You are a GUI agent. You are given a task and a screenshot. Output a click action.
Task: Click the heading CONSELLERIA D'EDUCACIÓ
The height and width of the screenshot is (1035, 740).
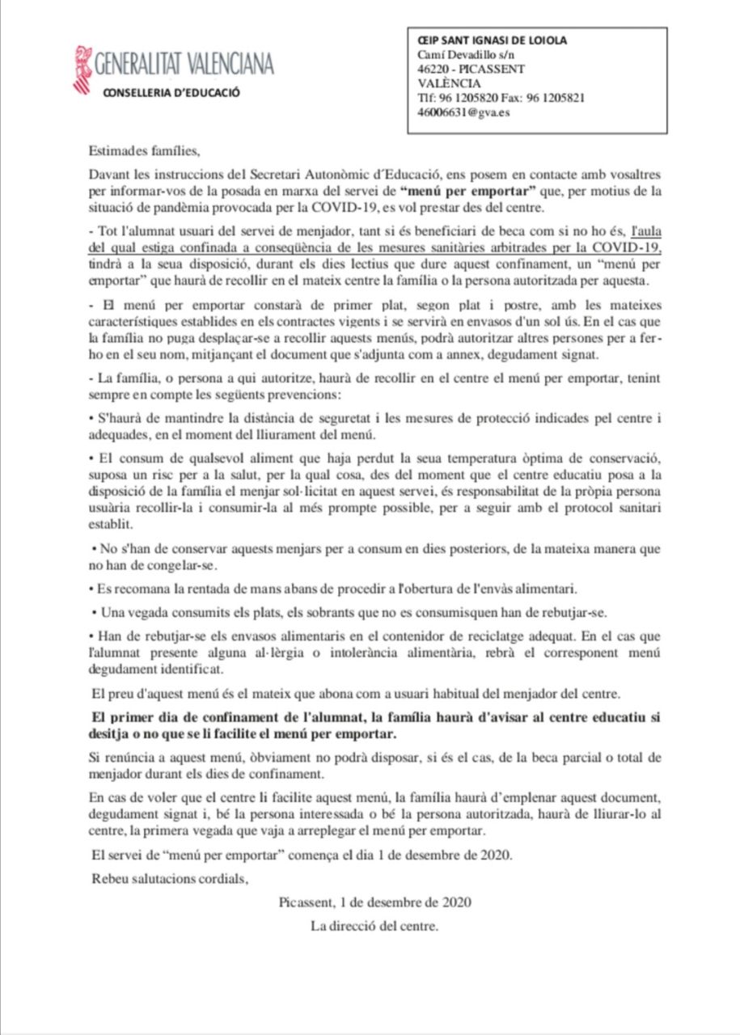(x=171, y=92)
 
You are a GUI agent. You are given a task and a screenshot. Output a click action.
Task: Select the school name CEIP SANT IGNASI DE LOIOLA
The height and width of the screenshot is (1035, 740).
(x=492, y=40)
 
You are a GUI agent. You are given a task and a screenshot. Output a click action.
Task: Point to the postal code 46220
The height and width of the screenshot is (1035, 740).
(x=433, y=69)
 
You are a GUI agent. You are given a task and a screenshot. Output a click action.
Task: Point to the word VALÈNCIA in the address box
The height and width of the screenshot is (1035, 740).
(x=449, y=83)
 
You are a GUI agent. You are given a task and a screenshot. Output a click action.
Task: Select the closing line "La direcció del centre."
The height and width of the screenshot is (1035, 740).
(x=374, y=926)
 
